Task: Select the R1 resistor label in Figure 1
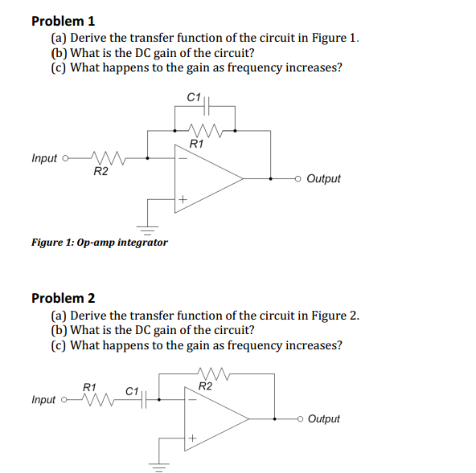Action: pyautogui.click(x=195, y=145)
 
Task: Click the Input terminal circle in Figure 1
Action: pyautogui.click(x=64, y=157)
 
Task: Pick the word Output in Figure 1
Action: pyautogui.click(x=323, y=178)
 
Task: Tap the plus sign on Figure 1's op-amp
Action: pyautogui.click(x=183, y=198)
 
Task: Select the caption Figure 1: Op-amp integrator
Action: pyautogui.click(x=100, y=242)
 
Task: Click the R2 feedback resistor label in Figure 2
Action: pyautogui.click(x=206, y=387)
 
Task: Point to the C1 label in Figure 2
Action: pyautogui.click(x=132, y=391)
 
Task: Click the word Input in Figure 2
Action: pyautogui.click(x=44, y=399)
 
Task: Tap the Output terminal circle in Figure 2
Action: pyautogui.click(x=299, y=418)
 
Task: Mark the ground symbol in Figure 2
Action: pyautogui.click(x=158, y=465)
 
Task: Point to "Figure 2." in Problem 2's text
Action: pyautogui.click(x=337, y=314)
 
